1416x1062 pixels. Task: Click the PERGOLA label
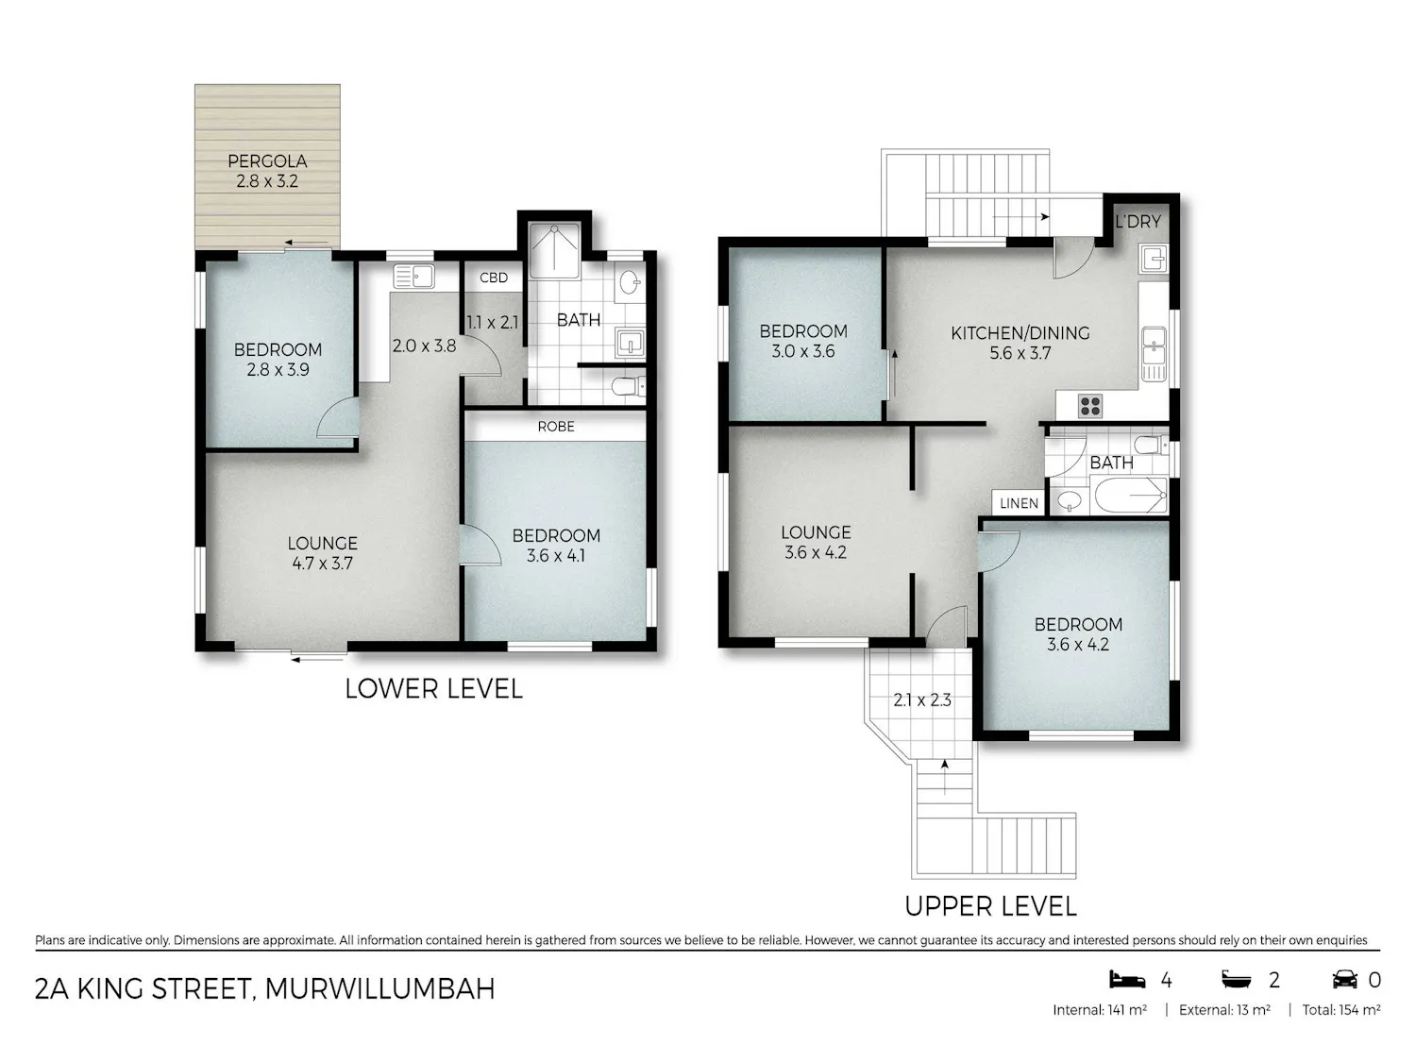click(x=267, y=160)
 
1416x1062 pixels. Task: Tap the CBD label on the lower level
click(x=494, y=278)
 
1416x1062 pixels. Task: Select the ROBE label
click(x=556, y=427)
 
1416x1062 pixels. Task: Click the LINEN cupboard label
click(x=1019, y=503)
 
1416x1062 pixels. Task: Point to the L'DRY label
click(x=1138, y=221)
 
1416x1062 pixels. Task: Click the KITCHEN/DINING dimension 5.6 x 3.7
click(x=1020, y=353)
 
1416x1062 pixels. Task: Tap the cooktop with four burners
click(x=1090, y=406)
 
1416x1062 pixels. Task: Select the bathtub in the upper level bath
click(x=1131, y=496)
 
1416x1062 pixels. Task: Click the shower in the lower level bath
click(x=555, y=250)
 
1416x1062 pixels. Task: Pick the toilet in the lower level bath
click(x=628, y=386)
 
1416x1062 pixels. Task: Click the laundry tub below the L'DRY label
click(x=1154, y=260)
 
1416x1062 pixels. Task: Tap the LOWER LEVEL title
click(x=433, y=689)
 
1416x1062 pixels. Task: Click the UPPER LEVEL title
click(x=990, y=906)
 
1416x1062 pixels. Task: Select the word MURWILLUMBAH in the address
click(x=380, y=988)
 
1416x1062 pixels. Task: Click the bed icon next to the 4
click(x=1127, y=980)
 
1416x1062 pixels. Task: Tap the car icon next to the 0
click(x=1344, y=980)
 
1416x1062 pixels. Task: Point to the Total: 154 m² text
click(x=1341, y=1010)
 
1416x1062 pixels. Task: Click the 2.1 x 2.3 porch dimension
click(x=922, y=700)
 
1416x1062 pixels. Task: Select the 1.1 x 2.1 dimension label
click(x=492, y=322)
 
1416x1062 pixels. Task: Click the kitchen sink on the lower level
click(x=413, y=277)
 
